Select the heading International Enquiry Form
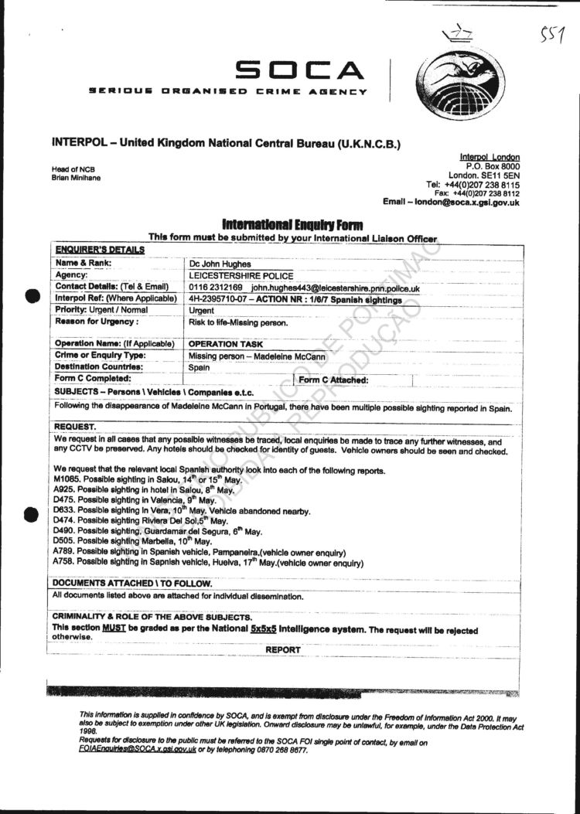tap(292, 225)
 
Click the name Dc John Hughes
tap(220, 264)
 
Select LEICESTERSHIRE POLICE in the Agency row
tap(241, 276)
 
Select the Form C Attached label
tap(333, 380)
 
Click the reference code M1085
tap(67, 480)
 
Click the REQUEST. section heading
tap(75, 427)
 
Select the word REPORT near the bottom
tap(283, 650)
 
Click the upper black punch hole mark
tap(31, 295)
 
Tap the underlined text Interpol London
tap(490, 157)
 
